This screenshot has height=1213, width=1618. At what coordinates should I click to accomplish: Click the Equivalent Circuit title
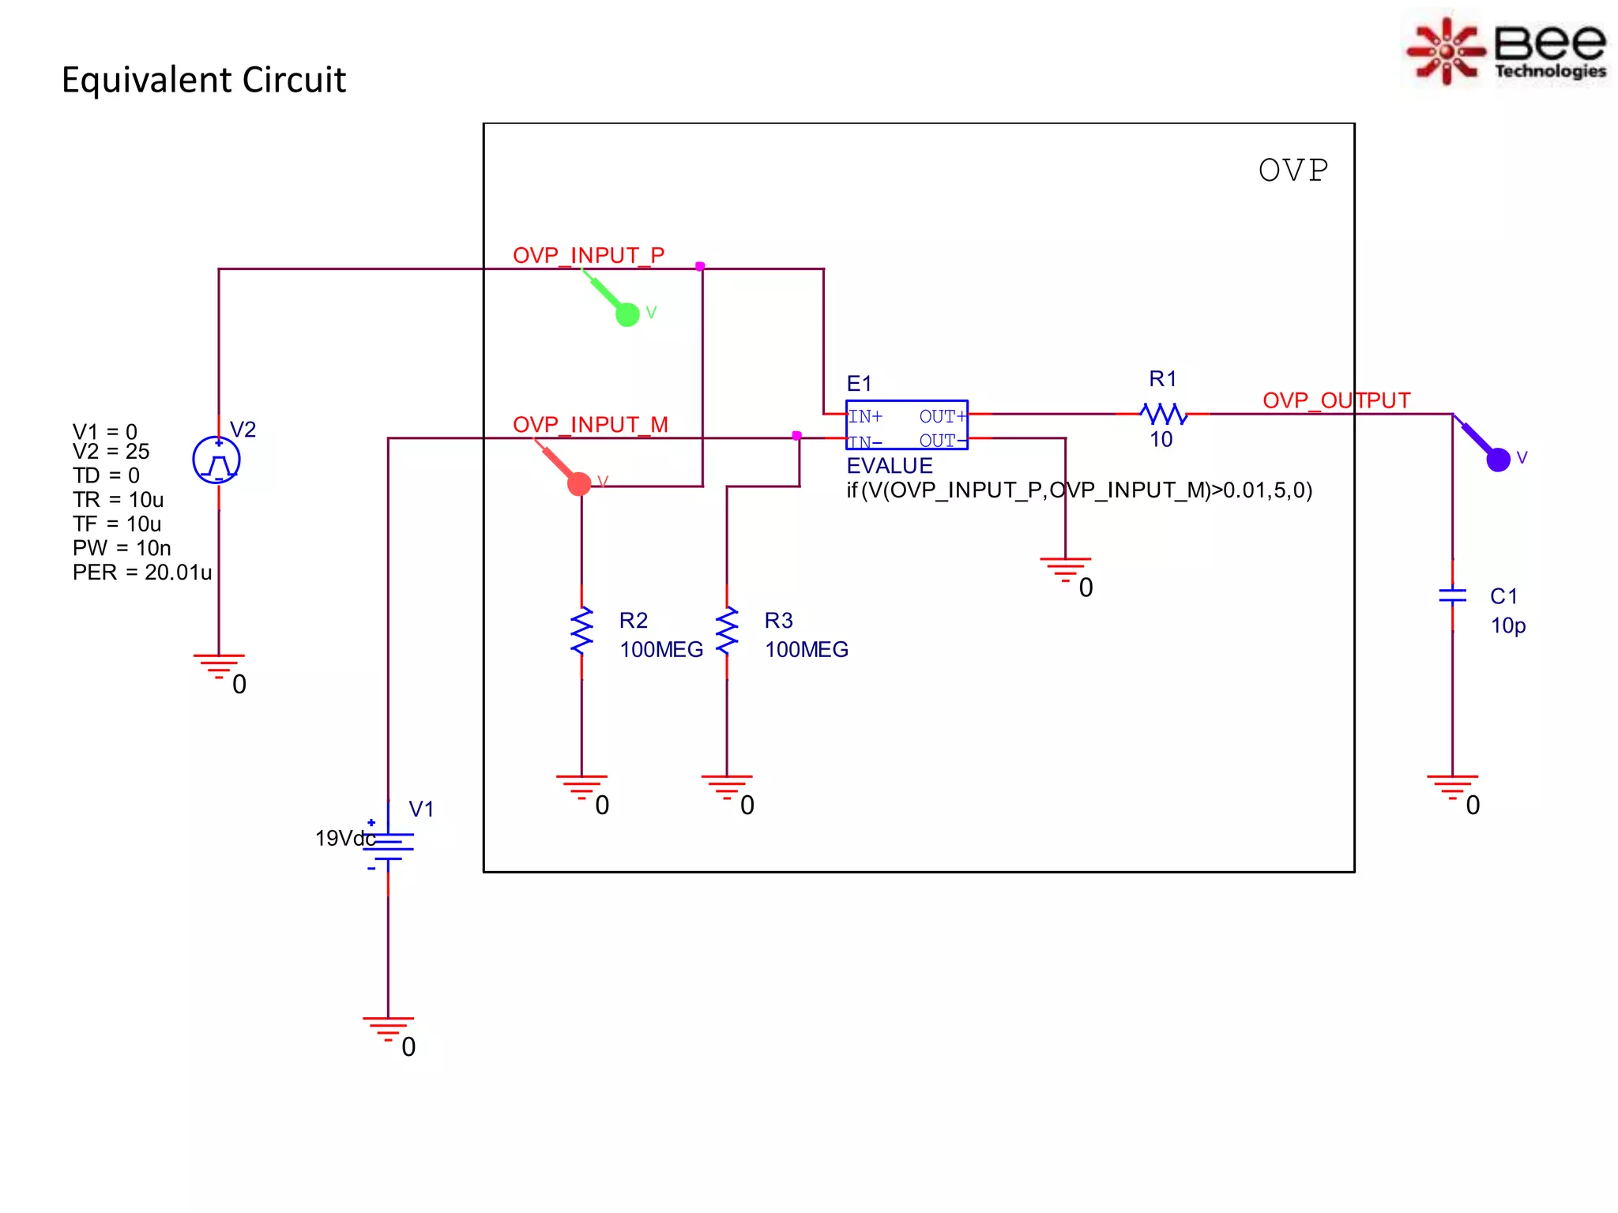coord(203,80)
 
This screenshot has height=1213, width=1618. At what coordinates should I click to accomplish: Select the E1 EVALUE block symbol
coord(906,426)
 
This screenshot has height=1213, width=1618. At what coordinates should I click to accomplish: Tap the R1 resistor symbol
coord(1163,413)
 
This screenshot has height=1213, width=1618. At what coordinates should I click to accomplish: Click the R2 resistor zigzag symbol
coord(581,631)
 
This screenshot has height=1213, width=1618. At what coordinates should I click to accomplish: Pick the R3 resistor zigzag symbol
coord(727,631)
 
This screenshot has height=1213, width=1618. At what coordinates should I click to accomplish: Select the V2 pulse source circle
coord(216,460)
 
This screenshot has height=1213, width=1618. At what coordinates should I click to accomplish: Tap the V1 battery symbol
coord(388,846)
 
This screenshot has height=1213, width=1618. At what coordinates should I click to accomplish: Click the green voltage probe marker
coord(627,314)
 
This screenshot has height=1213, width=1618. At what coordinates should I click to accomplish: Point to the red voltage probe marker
coord(578,483)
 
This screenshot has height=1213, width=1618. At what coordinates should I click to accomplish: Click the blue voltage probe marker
coord(1497,458)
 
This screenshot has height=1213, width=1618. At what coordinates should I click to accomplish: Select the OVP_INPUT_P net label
coord(589,255)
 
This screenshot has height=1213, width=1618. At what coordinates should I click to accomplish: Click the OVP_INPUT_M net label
coord(590,425)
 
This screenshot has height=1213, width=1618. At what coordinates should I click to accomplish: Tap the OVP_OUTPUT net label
coord(1336,400)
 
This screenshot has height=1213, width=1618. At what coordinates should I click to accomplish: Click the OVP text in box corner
coord(1293,171)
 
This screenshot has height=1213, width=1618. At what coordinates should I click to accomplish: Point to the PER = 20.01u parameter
coord(142,573)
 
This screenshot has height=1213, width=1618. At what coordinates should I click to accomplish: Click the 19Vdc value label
coord(344,838)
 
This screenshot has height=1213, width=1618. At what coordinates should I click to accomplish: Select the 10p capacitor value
coord(1507,625)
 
